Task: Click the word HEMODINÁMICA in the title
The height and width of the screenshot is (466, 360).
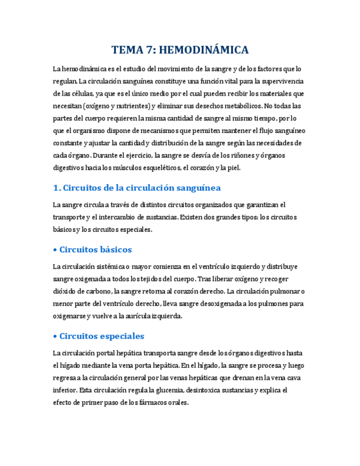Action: click(x=204, y=50)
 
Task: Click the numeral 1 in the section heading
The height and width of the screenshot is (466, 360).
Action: click(x=56, y=188)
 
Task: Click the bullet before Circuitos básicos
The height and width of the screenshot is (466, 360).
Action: click(x=55, y=249)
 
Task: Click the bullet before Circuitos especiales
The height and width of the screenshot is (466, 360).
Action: click(x=55, y=336)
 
